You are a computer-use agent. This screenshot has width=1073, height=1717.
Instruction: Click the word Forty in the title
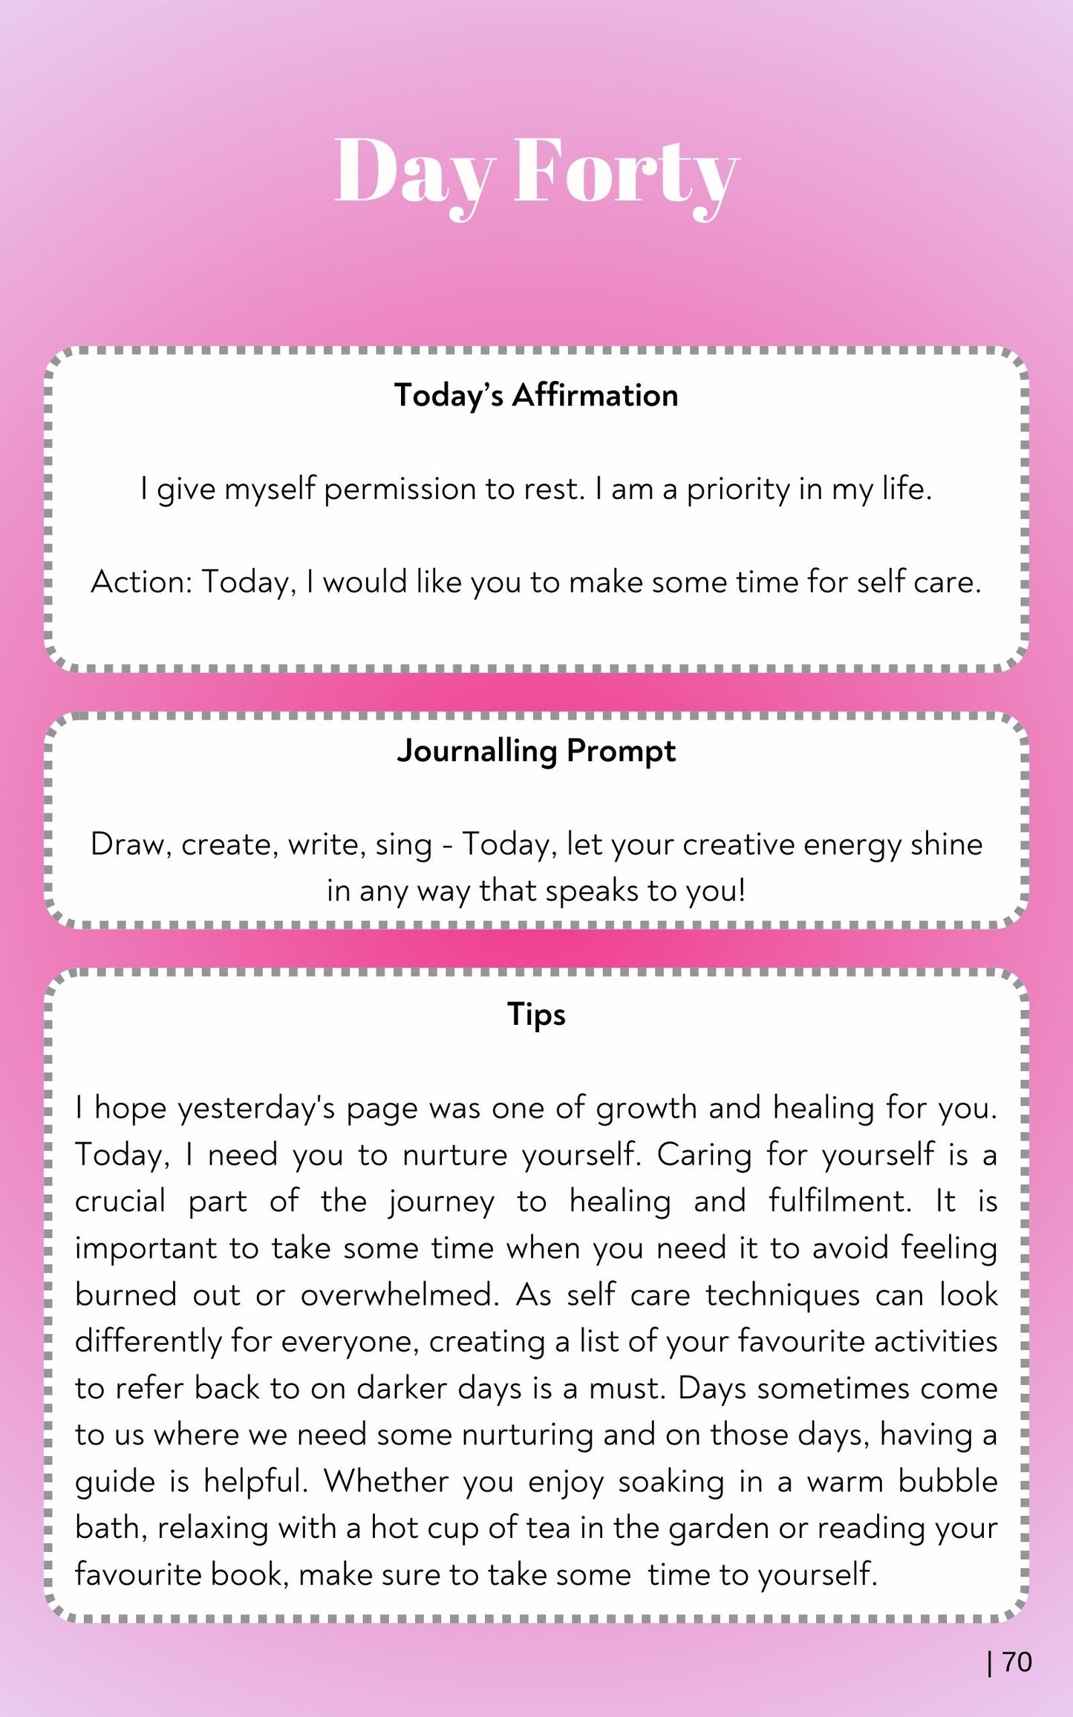[625, 172]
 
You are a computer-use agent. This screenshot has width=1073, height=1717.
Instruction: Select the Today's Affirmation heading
[536, 395]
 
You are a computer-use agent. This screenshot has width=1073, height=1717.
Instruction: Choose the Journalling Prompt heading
[536, 751]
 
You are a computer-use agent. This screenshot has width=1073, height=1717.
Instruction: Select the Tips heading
[536, 1014]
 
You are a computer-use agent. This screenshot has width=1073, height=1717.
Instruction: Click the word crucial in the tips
[120, 1202]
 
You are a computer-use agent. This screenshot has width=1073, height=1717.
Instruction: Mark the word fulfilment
[839, 1202]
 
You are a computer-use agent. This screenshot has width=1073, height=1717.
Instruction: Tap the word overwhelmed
[399, 1295]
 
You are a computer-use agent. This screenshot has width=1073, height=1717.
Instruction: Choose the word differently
[147, 1342]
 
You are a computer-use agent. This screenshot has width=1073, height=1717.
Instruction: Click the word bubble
[948, 1482]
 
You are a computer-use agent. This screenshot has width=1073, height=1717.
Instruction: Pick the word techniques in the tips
[783, 1295]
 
